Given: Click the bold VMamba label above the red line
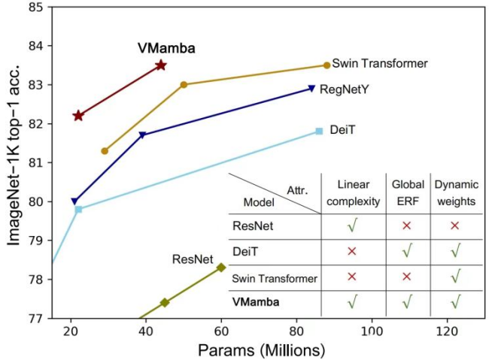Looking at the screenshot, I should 166,49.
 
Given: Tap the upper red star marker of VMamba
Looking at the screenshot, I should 160,65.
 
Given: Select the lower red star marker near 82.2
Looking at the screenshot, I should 78,115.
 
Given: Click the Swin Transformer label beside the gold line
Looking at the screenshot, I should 379,64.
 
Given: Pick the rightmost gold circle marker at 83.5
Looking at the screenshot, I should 326,65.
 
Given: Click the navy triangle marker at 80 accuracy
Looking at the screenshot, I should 74,201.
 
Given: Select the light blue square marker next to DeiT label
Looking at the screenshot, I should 319,131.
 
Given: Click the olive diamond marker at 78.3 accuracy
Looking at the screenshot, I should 221,267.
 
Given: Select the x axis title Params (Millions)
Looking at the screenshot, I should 261,349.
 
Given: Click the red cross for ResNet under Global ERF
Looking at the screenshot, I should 407,225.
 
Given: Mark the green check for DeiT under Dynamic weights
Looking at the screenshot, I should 454,251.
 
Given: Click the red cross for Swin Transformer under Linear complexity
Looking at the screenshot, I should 352,277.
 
